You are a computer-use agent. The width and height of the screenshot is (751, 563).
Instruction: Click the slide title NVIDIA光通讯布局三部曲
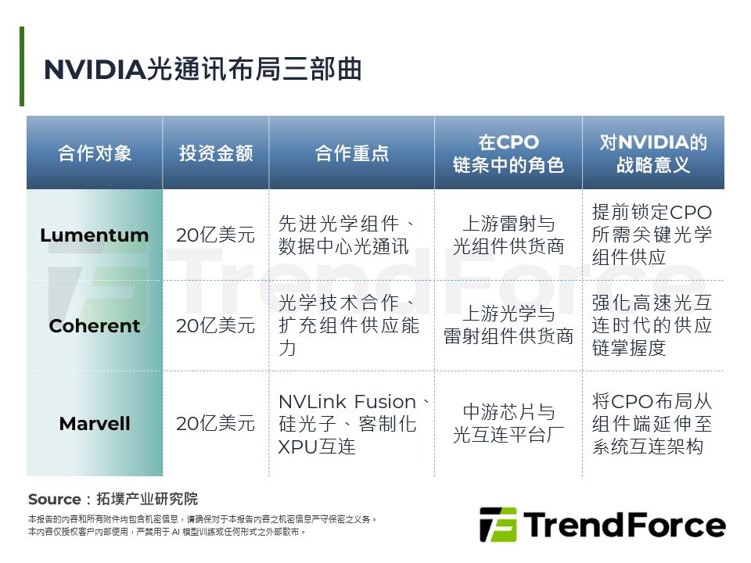tap(203, 69)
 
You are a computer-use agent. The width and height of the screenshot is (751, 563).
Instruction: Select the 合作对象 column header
tap(95, 153)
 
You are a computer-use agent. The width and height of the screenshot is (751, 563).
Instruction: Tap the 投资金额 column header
tap(216, 153)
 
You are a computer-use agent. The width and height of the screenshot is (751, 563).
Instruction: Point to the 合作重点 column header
tap(352, 153)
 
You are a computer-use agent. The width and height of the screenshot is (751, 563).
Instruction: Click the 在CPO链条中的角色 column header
tap(508, 153)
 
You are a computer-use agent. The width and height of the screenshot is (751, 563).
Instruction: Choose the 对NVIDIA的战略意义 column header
tap(653, 153)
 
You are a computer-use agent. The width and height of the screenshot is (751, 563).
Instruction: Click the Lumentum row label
tap(95, 235)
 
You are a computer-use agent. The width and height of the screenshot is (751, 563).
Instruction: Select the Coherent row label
tap(95, 326)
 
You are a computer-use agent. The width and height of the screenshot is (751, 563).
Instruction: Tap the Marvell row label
tap(95, 424)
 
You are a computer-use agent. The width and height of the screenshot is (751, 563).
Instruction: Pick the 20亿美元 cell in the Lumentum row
tap(216, 235)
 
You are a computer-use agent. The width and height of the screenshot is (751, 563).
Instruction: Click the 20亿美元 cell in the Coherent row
tap(216, 326)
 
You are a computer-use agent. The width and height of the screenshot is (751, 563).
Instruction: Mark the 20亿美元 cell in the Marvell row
tap(216, 424)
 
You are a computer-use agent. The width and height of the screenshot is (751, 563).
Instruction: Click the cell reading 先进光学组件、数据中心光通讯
tap(352, 235)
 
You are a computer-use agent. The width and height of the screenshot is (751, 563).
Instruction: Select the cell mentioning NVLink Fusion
tap(352, 424)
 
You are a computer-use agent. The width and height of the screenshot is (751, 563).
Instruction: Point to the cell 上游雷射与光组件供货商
tap(508, 235)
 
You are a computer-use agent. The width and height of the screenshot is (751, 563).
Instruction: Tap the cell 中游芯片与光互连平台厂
tap(508, 424)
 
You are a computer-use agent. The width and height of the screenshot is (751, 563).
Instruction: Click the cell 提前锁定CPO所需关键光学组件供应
tap(653, 235)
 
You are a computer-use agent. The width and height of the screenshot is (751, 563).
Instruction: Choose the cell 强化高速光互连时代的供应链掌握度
tap(653, 326)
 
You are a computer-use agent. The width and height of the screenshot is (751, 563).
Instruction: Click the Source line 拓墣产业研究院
tap(113, 499)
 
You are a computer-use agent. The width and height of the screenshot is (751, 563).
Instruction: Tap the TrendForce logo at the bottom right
tap(602, 525)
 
